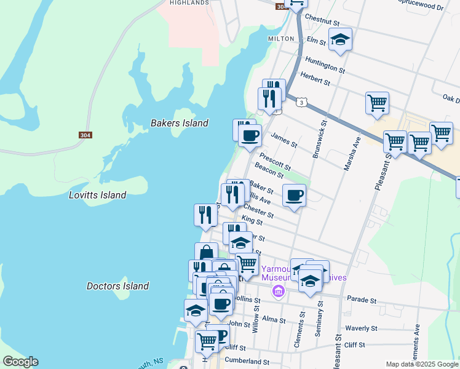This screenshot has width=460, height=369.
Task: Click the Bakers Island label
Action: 179,123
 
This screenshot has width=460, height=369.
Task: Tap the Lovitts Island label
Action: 97,195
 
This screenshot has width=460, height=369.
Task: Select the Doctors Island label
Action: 117,286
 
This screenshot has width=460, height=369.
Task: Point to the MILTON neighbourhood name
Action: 280,38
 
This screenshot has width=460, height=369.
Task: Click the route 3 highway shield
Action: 301,103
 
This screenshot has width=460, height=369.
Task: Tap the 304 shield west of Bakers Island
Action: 85,135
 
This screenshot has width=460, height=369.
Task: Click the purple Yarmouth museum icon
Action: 279,290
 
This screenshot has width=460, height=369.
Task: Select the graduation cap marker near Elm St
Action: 340,40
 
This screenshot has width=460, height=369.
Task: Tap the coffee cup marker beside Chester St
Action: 294,196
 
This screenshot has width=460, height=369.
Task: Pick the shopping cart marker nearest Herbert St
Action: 377,102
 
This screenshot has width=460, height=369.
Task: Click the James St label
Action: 284,141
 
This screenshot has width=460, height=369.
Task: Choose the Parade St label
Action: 361,300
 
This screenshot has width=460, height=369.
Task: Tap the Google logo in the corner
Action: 20,362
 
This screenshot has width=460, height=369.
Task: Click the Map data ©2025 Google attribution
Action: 422,364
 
